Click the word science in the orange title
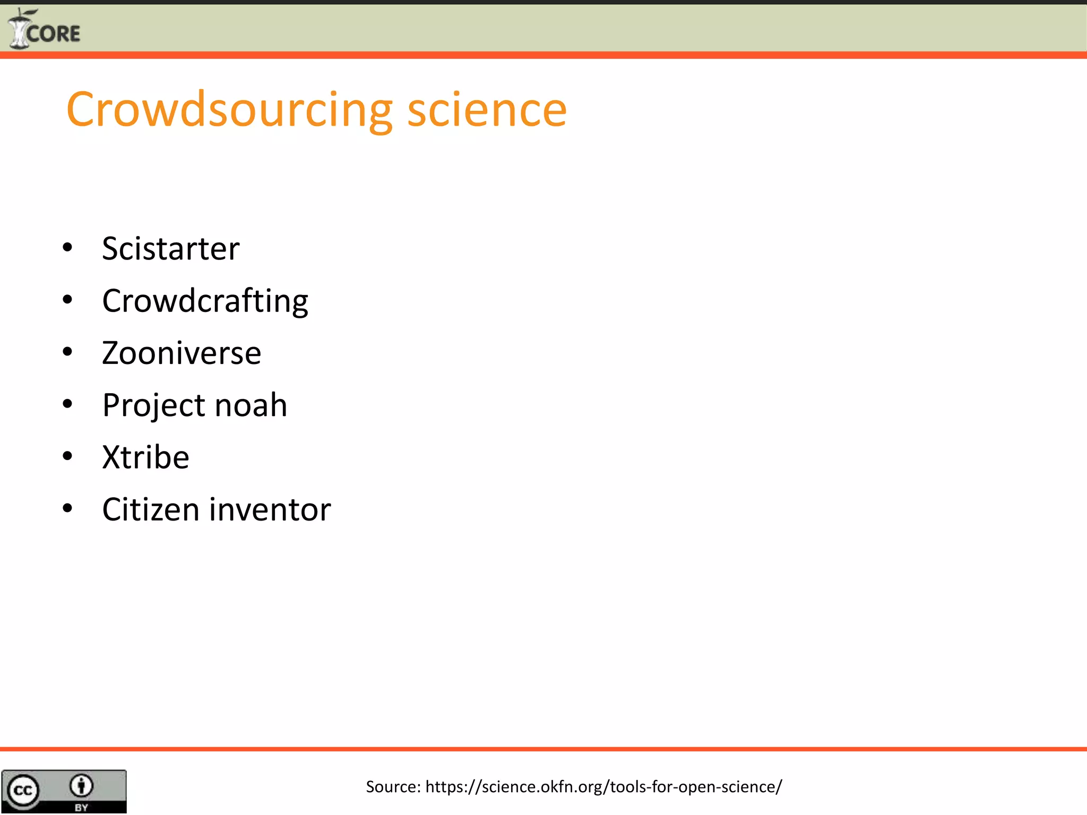(487, 110)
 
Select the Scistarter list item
(170, 248)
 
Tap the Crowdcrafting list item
(205, 301)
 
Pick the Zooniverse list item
(182, 353)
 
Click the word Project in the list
(153, 405)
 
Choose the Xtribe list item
(145, 457)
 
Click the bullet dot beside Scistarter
(67, 247)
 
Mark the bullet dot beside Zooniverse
(67, 352)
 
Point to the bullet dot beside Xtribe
(67, 456)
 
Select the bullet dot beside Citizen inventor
(67, 508)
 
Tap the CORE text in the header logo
(54, 34)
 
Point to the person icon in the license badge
(81, 786)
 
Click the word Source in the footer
(393, 786)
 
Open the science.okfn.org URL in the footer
(603, 786)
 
